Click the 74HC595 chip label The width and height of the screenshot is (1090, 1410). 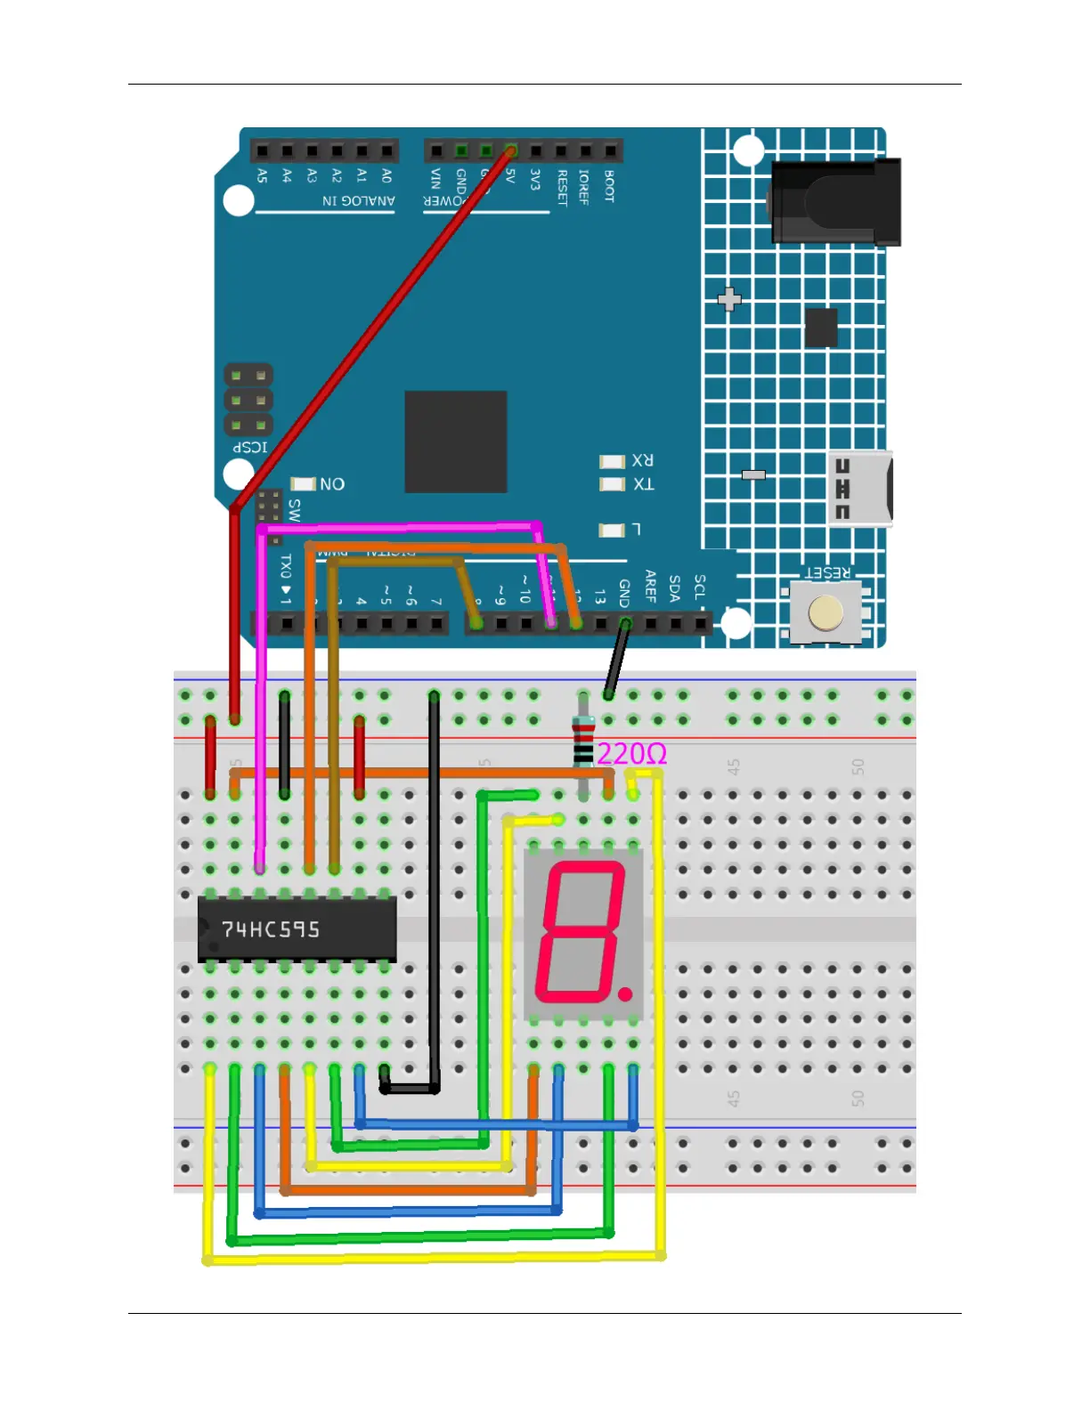pyautogui.click(x=270, y=929)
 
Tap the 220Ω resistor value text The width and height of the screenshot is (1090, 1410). pyautogui.click(x=631, y=755)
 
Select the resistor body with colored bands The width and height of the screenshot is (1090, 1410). pyautogui.click(x=583, y=741)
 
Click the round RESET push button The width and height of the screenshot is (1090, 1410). pyautogui.click(x=826, y=613)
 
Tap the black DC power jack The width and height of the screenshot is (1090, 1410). pyautogui.click(x=834, y=203)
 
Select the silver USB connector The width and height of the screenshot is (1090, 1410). pyautogui.click(x=859, y=489)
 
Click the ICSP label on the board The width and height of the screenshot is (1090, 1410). pyautogui.click(x=250, y=447)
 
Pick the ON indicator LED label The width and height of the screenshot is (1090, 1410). pyautogui.click(x=332, y=484)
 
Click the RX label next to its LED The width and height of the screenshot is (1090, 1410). pyautogui.click(x=643, y=461)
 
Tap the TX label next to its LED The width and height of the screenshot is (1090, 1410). pyautogui.click(x=643, y=484)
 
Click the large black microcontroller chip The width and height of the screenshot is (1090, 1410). pyautogui.click(x=456, y=442)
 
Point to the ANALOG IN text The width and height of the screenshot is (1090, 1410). pyautogui.click(x=358, y=201)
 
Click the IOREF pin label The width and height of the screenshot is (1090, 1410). pyautogui.click(x=584, y=187)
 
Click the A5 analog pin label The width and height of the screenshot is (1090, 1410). pyautogui.click(x=262, y=176)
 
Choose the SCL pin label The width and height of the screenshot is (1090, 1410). pyautogui.click(x=700, y=587)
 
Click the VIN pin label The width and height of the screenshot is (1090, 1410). pyautogui.click(x=435, y=179)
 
